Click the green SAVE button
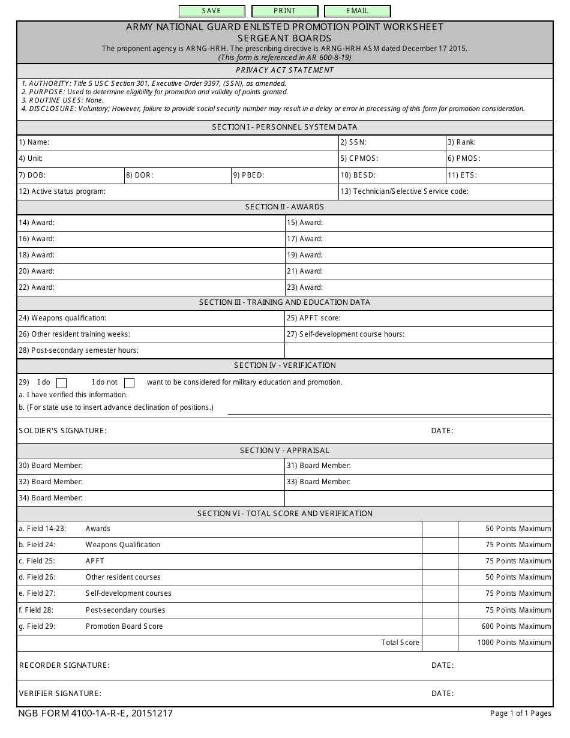coord(212,11)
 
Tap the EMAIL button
coord(357,11)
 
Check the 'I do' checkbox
coord(61,383)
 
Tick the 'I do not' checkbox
coord(129,383)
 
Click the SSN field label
coord(353,143)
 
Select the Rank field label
coord(461,143)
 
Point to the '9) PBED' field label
coord(249,175)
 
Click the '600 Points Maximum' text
coord(516,626)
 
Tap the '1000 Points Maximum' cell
coord(514,643)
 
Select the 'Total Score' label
coord(400,643)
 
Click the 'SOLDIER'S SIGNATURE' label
coord(62,431)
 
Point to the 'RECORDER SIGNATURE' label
coord(64,665)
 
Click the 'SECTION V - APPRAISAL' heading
coord(284,451)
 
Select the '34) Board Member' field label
coord(50,498)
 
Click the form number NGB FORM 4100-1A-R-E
coord(95,713)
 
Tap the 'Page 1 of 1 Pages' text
coord(520,713)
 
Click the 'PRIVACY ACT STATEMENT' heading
coord(284,70)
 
